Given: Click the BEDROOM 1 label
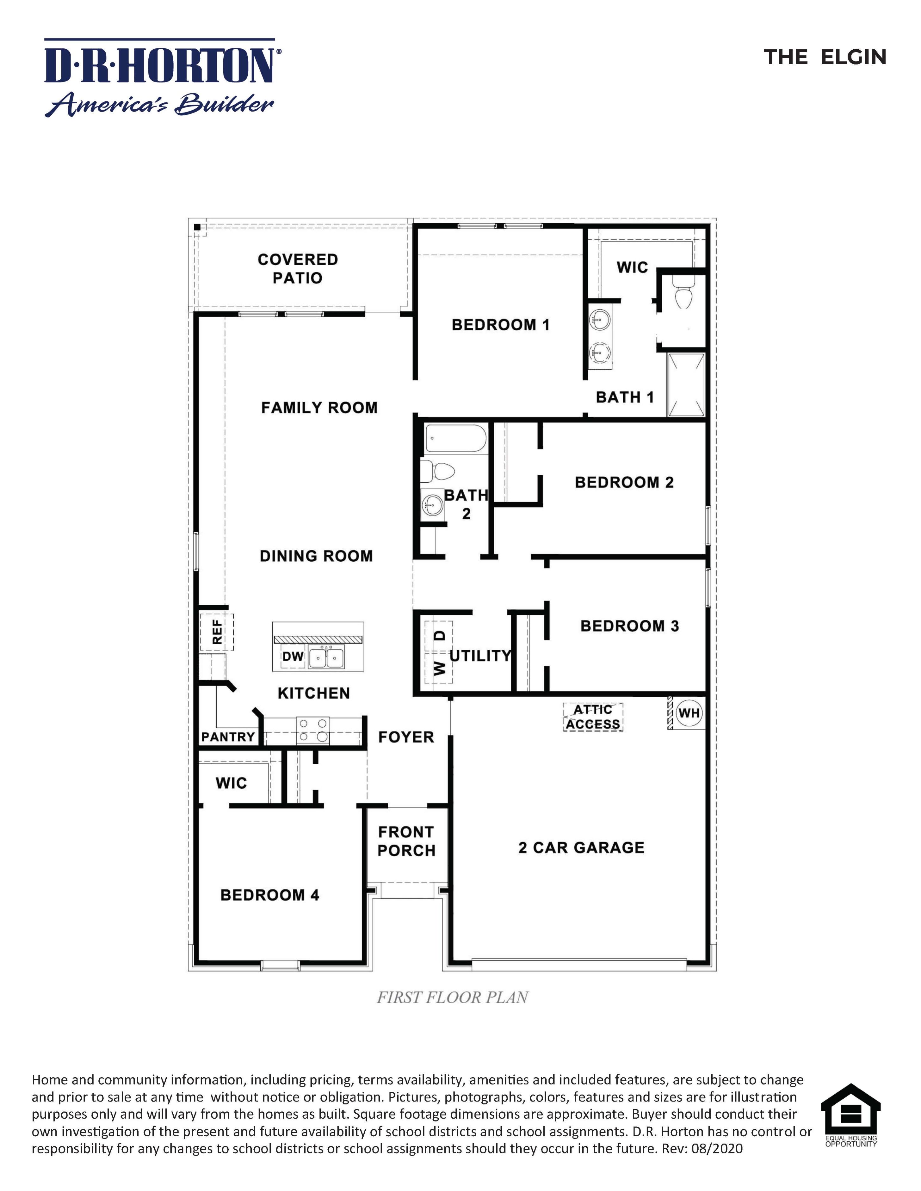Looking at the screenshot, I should [x=500, y=325].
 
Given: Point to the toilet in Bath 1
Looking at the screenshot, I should [x=683, y=292].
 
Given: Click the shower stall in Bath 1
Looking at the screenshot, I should [x=686, y=385].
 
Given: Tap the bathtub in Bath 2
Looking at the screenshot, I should [x=455, y=438].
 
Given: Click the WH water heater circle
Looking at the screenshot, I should [x=689, y=713].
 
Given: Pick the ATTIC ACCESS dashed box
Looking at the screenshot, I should [x=593, y=717].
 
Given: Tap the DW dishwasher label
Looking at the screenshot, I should [x=293, y=656].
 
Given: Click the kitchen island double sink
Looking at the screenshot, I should [x=326, y=658].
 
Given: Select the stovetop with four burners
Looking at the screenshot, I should [x=312, y=730].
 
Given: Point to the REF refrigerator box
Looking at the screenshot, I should [x=217, y=632].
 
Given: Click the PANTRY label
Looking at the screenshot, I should [x=228, y=737].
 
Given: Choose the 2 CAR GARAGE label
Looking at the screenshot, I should [x=581, y=847].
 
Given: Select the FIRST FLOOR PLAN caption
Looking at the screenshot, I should [x=452, y=998].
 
